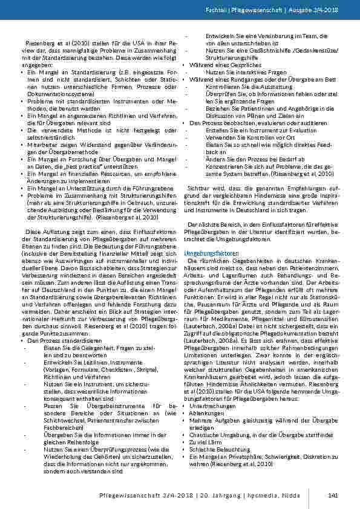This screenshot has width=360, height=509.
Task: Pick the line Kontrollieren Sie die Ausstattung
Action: [240, 87]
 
